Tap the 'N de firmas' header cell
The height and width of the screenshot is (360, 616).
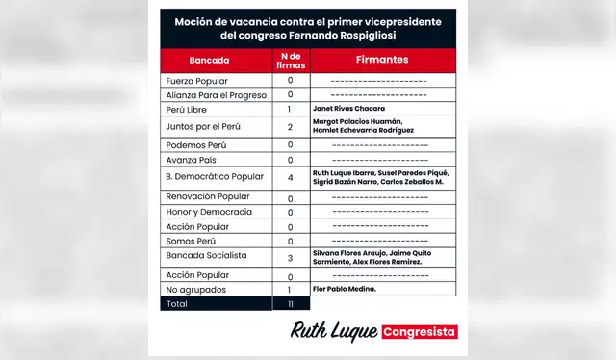290,60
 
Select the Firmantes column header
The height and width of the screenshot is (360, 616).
381,60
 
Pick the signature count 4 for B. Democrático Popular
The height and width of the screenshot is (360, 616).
290,178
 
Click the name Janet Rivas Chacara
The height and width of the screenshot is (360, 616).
349,109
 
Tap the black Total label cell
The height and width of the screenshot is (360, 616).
179,303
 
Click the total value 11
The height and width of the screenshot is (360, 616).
290,303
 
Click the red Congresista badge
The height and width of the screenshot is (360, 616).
420,332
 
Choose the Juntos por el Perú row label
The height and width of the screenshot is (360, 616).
204,126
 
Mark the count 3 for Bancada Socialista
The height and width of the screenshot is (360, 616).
290,258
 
